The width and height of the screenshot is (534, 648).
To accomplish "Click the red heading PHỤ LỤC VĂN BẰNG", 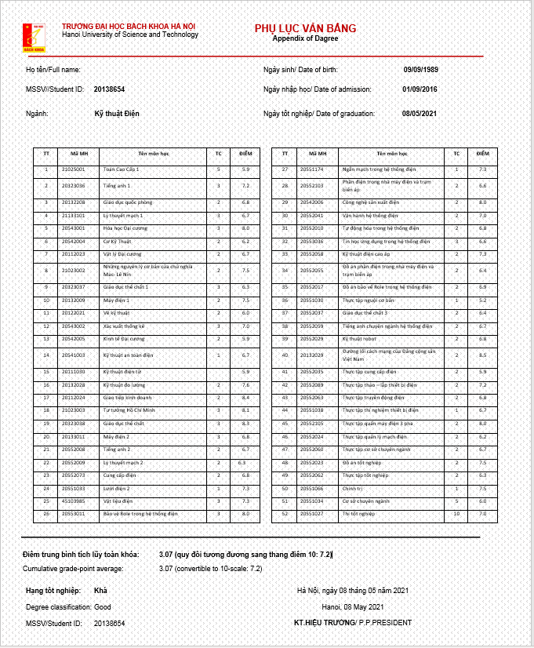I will pos(305,28).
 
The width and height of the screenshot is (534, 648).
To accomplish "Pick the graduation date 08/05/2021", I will pos(420,114).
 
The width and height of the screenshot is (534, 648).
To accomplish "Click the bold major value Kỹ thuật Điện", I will pos(116,114).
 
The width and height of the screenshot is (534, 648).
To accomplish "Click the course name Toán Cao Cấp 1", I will pos(122,169).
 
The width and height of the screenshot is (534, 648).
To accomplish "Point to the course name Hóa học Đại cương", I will pos(125,228).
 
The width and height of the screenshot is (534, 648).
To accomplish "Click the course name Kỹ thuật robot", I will pos(361,338).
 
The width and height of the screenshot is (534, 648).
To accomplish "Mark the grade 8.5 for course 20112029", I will pos(482,355).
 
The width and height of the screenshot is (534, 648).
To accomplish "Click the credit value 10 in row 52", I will pos(456,514).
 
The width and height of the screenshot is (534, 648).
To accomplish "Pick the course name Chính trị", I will pos(354,487).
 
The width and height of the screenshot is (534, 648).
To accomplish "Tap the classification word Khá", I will pos(101,590).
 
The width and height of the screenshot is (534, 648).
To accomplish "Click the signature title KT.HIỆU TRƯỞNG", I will pos(324,623).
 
